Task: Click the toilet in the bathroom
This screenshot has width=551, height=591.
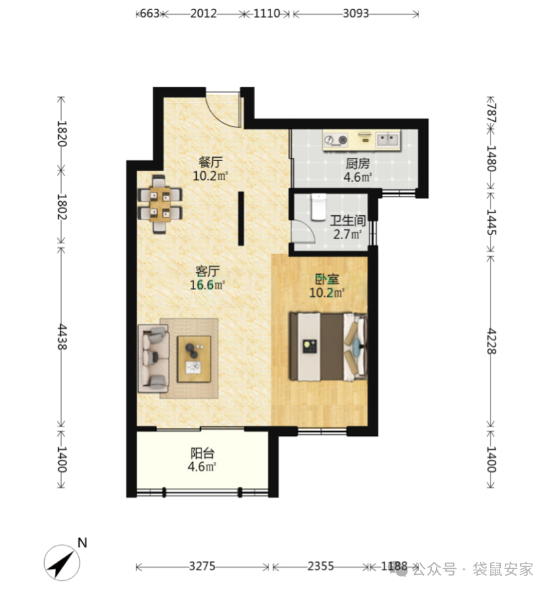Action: tap(319, 207)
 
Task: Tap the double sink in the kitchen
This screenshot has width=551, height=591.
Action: tap(388, 140)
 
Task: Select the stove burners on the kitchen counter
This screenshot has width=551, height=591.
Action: tap(336, 140)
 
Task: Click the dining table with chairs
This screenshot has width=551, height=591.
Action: tap(160, 204)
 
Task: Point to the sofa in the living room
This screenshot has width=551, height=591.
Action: tap(153, 358)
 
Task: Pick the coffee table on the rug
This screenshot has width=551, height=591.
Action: tap(194, 359)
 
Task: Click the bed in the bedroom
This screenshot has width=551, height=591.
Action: tap(328, 346)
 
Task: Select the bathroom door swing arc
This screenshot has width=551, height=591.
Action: tap(304, 231)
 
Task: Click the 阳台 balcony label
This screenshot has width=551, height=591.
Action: tap(202, 453)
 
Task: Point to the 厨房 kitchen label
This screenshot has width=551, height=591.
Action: tap(358, 164)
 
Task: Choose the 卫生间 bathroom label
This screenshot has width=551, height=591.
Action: tap(347, 221)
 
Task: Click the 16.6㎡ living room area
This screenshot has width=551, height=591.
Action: tap(207, 285)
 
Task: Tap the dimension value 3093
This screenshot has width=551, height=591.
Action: tap(356, 13)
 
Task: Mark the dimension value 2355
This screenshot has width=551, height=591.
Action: tap(321, 566)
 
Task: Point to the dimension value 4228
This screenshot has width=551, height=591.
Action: tap(491, 341)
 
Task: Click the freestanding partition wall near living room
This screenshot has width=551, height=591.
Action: tap(241, 219)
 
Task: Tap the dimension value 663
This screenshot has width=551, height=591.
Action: tap(150, 13)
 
